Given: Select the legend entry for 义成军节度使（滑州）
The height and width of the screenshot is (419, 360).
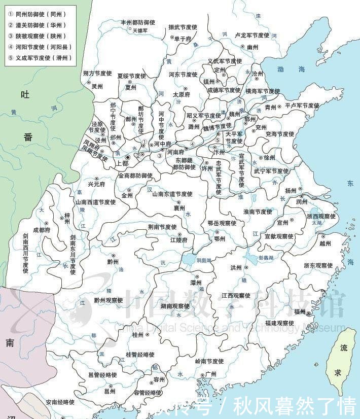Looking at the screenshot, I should click(40, 58).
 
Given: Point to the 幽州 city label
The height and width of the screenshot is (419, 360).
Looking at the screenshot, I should click(253, 47).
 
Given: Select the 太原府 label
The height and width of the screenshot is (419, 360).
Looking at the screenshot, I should click(181, 94).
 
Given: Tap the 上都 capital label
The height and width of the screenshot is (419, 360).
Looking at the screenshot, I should click(122, 164).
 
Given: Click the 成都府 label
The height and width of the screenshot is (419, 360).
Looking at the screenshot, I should click(42, 230).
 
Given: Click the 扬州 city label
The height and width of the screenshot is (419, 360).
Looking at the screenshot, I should click(291, 191).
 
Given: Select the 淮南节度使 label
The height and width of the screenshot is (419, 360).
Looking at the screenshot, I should click(258, 212).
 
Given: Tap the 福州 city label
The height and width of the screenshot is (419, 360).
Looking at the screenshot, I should click(299, 312).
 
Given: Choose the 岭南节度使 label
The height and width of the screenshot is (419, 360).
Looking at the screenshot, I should click(209, 361).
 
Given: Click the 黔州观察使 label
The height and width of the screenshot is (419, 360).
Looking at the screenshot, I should click(108, 300).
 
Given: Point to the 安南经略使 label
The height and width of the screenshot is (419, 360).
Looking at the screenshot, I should click(60, 402).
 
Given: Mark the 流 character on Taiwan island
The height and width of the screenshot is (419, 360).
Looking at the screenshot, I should click(344, 349).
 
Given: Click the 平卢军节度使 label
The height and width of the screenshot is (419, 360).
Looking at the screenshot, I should click(302, 106).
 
